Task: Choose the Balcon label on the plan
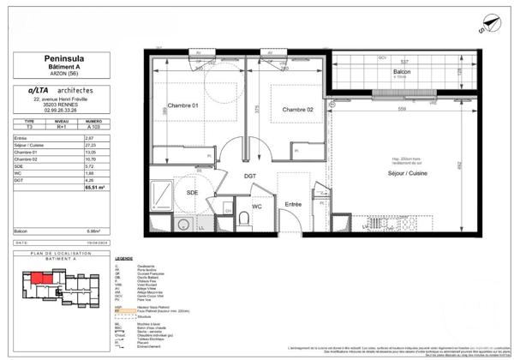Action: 402,72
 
